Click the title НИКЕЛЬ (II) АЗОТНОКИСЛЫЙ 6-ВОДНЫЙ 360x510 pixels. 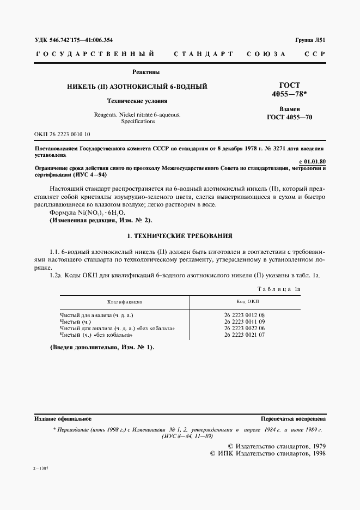point(136,87)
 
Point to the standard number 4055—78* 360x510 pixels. point(289,94)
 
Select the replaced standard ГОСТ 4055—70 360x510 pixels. point(289,117)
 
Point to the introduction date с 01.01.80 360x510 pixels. point(313,161)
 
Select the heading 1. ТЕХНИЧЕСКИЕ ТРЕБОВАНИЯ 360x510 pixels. point(180,236)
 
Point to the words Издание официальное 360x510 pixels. point(63,419)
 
